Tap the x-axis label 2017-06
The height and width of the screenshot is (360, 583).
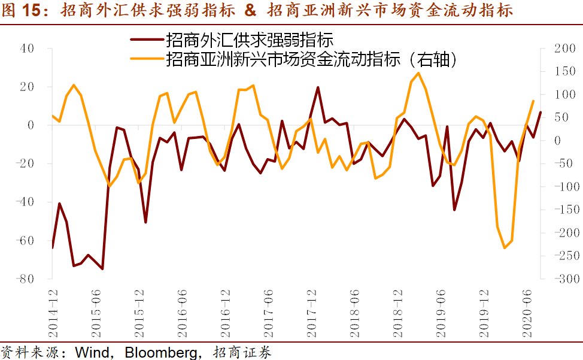point(268,306)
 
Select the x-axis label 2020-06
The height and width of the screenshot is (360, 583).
point(526,306)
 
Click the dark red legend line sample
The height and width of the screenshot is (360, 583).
point(147,40)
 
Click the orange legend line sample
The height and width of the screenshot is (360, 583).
point(147,59)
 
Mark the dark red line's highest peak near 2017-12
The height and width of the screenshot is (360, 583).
point(318,87)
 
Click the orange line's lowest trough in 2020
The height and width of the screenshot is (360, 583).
point(504,248)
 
